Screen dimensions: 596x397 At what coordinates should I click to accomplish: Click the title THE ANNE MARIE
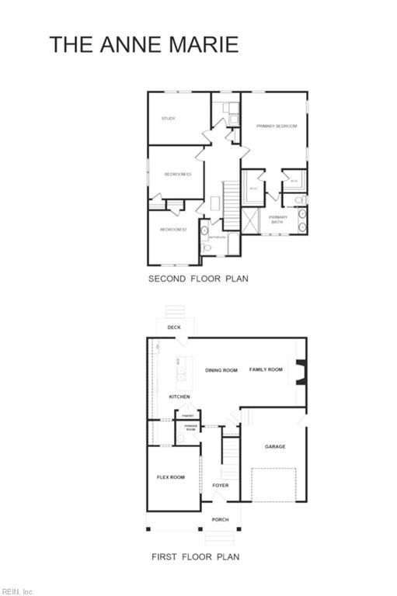[144, 44]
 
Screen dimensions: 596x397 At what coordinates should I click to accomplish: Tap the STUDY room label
[168, 119]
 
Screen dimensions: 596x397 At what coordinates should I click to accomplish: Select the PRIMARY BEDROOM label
[277, 125]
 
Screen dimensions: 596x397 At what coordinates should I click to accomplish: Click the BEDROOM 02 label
[173, 229]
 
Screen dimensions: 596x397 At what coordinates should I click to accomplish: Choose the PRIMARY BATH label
[278, 219]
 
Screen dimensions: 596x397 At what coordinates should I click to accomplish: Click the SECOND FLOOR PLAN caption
[198, 278]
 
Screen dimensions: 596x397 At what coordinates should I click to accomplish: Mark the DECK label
[174, 327]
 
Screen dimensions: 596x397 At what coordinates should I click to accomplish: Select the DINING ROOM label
[221, 370]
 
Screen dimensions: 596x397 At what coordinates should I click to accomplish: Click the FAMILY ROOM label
[266, 369]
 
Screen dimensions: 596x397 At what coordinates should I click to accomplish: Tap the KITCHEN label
[179, 397]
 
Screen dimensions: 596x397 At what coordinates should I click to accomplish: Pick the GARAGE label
[275, 446]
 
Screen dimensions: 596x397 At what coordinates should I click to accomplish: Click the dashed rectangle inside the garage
[274, 487]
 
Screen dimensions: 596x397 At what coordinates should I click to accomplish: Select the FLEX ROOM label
[170, 476]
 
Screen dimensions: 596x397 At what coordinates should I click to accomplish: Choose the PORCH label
[221, 519]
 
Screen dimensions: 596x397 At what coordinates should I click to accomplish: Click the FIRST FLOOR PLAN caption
[195, 556]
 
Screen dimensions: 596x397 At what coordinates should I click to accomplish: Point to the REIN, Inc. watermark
[18, 591]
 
